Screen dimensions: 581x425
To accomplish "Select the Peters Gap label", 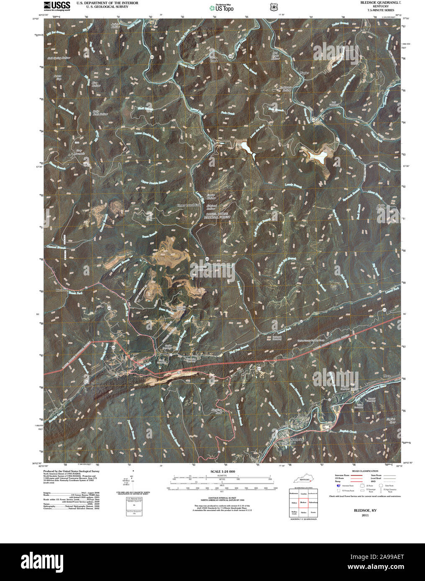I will [58, 78].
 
